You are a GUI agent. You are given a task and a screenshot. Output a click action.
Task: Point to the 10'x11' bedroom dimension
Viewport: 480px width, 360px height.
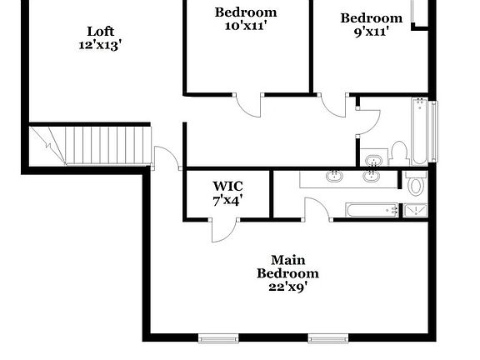[x=246, y=27]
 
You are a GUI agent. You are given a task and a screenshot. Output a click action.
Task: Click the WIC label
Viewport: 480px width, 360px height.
[x=227, y=186]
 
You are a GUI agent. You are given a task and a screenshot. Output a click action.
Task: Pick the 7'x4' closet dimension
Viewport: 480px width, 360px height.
[x=227, y=200]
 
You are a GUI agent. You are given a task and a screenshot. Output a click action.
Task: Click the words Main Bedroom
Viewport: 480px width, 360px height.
[x=287, y=266]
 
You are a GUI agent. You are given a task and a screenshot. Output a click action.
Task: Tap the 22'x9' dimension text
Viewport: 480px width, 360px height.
[x=287, y=287]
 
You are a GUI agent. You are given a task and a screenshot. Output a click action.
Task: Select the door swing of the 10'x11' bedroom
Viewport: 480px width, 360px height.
[x=248, y=105]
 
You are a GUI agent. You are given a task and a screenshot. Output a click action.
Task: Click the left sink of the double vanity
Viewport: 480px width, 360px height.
[x=334, y=176]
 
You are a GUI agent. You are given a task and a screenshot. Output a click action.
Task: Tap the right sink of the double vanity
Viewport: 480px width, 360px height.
[x=372, y=176]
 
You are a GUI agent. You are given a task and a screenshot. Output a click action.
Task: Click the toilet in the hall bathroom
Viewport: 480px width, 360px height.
[x=398, y=152]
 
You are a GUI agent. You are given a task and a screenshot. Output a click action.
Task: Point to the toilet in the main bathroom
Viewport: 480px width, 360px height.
[x=416, y=183]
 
